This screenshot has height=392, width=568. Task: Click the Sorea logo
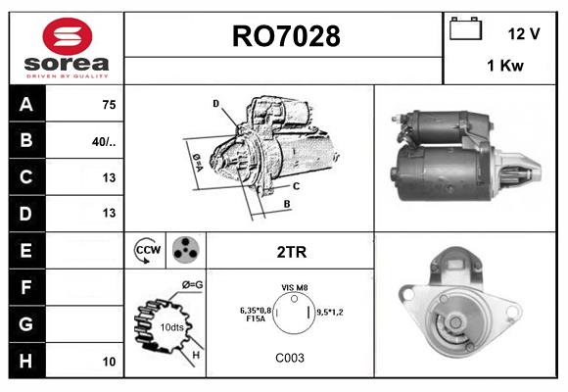coord(65,47)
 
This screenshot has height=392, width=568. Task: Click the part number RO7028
coord(285,37)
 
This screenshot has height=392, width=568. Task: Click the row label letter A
coord(25,104)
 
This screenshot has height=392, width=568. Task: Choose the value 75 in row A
coord(109,104)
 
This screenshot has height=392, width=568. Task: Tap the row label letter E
coord(25,250)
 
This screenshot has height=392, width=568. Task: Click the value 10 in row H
coord(109,361)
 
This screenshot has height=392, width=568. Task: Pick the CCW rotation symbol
coord(147,251)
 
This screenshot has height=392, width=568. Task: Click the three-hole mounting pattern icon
coord(184,251)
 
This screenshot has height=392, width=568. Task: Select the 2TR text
coord(291,252)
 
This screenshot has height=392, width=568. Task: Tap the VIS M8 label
coord(295,287)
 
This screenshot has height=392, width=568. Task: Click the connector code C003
coord(290,358)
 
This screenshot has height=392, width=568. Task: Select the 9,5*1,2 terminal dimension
coord(337,312)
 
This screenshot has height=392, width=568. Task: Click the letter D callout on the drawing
coord(215,103)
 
